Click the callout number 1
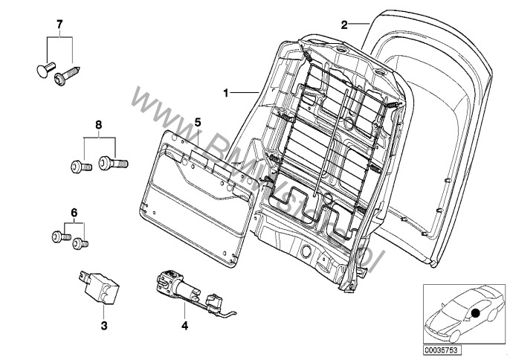pyautogui.click(x=225, y=93)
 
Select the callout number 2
pyautogui.click(x=344, y=25)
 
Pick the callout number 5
pyautogui.click(x=198, y=120)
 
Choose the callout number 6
pyautogui.click(x=73, y=212)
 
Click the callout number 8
pyautogui.click(x=97, y=123)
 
